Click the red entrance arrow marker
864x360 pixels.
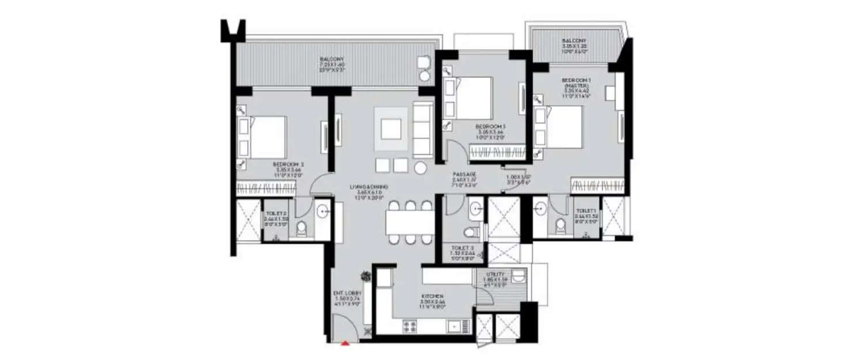[x=345, y=343]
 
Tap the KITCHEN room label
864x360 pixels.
[x=431, y=296]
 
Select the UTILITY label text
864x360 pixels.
[x=495, y=274]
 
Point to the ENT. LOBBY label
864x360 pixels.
[x=347, y=293]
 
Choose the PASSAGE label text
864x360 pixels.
[x=464, y=174]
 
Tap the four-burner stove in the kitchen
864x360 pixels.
[x=410, y=327]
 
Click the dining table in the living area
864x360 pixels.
[x=410, y=222]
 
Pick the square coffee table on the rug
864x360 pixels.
[x=391, y=130]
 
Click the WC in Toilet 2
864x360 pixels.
[x=301, y=230]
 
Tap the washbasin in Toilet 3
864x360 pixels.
[x=476, y=209]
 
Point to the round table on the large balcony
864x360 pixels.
[x=425, y=75]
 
